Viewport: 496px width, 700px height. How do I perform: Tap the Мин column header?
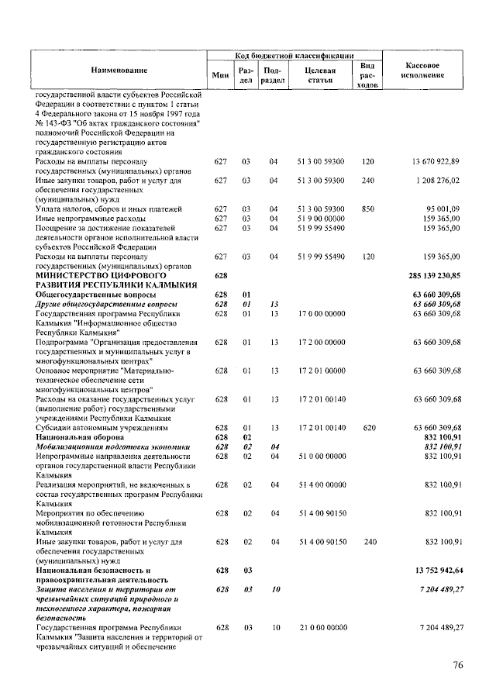tap(221, 75)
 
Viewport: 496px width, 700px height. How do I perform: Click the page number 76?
tap(460, 665)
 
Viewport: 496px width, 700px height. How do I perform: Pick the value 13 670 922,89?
tap(436, 161)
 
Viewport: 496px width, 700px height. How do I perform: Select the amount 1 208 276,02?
tap(438, 180)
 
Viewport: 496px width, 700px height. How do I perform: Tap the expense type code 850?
tap(368, 209)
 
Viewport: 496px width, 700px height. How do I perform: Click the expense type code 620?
tap(368, 428)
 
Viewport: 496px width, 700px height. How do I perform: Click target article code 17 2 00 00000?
tap(321, 342)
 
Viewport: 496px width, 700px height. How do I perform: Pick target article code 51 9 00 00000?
tap(321, 219)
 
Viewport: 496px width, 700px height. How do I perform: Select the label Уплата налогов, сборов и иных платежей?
tap(109, 209)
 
